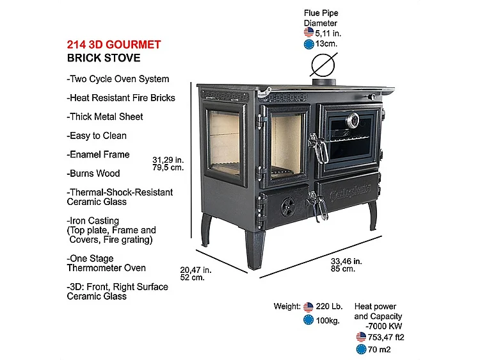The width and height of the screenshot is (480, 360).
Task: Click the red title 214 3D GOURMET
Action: click(114, 45)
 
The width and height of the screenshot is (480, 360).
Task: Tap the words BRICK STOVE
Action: click(104, 58)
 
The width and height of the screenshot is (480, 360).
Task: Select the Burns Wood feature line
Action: click(93, 174)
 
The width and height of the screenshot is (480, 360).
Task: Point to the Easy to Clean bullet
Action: click(97, 136)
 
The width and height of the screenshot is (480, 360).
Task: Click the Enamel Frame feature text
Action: click(99, 154)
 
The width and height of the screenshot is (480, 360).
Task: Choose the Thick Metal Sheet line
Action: click(105, 117)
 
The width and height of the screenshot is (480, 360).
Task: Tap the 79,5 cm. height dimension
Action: click(168, 168)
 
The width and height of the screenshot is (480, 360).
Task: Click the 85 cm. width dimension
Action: click(343, 268)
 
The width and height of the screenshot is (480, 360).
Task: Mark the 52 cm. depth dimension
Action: click(192, 277)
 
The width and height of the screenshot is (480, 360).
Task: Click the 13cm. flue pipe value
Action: click(326, 44)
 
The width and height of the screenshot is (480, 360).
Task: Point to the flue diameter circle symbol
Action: click(323, 65)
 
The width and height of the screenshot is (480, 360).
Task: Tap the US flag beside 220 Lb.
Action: click(308, 307)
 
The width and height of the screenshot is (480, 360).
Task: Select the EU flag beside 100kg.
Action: click(308, 320)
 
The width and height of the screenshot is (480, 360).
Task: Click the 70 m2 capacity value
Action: click(379, 350)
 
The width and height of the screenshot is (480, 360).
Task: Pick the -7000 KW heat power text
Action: click(383, 326)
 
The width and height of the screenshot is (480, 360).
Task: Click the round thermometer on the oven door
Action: click(353, 120)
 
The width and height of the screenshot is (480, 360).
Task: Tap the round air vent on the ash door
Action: click(288, 207)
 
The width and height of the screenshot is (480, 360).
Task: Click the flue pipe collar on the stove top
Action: click(324, 82)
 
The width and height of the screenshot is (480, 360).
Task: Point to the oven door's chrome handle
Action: click(318, 148)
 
